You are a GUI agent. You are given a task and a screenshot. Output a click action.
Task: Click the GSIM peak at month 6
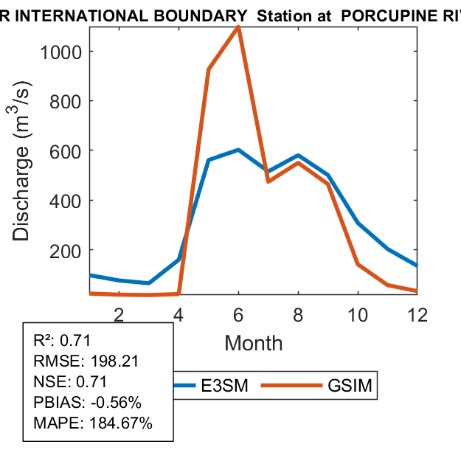tap(238, 27)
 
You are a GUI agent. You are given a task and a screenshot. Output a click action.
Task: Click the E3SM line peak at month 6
tap(238, 150)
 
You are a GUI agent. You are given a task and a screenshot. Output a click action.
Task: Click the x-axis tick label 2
tap(119, 313)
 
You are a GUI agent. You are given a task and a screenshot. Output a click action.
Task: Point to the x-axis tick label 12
tap(417, 313)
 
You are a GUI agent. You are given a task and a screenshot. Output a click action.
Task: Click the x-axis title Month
tap(253, 343)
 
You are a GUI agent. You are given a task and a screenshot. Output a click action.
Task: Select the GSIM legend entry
tap(350, 386)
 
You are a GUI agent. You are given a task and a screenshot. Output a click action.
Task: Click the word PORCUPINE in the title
tap(384, 13)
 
